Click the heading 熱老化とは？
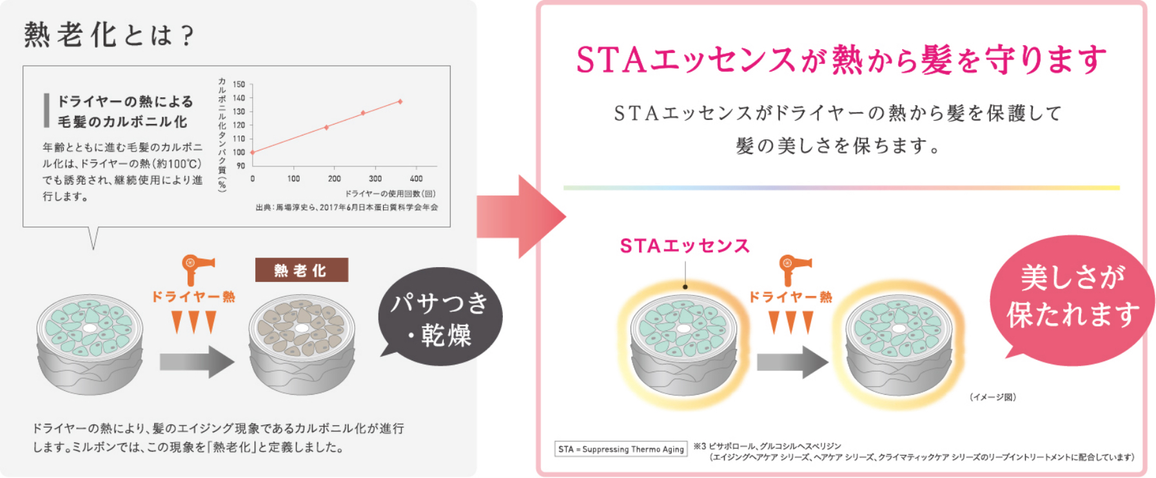click(x=109, y=35)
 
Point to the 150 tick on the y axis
click(x=239, y=85)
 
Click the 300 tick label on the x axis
click(x=375, y=179)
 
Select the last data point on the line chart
click(x=400, y=102)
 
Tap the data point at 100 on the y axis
click(x=252, y=152)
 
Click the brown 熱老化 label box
click(x=301, y=270)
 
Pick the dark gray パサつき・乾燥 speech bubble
click(x=440, y=316)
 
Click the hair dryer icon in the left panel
click(x=196, y=268)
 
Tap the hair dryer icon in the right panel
click(x=794, y=268)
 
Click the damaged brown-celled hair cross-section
click(x=302, y=344)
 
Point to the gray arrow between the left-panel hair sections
click(x=197, y=362)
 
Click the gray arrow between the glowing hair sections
click(x=792, y=362)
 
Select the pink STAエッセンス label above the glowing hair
click(x=685, y=246)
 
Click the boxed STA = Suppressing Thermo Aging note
click(x=621, y=449)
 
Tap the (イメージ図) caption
click(x=993, y=397)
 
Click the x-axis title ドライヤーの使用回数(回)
click(x=390, y=194)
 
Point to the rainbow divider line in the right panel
click(x=841, y=188)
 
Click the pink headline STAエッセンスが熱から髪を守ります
click(x=841, y=60)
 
